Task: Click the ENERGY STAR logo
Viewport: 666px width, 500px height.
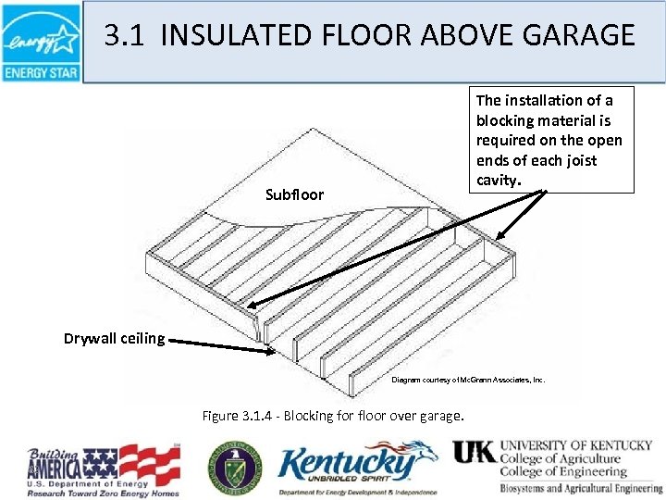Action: (42, 43)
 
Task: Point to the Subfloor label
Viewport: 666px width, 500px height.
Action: (293, 194)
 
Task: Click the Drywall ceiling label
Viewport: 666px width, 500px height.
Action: (114, 337)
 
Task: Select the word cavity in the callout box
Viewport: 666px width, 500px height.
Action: (498, 180)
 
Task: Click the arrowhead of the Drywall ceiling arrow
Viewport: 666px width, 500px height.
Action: (267, 350)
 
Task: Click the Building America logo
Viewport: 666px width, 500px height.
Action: (104, 467)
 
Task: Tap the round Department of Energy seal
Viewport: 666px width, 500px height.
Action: (235, 466)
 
